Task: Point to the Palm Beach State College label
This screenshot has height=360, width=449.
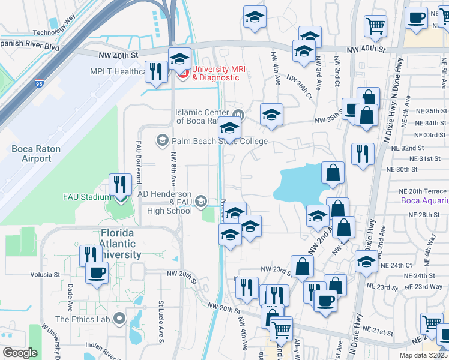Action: (219, 142)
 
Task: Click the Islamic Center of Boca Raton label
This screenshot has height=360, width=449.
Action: (203, 116)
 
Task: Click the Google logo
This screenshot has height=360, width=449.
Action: (20, 353)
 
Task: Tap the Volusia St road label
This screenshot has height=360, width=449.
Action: (45, 275)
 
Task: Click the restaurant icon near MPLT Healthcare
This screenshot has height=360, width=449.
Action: (156, 71)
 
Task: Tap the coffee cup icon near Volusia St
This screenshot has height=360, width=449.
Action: (97, 273)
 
